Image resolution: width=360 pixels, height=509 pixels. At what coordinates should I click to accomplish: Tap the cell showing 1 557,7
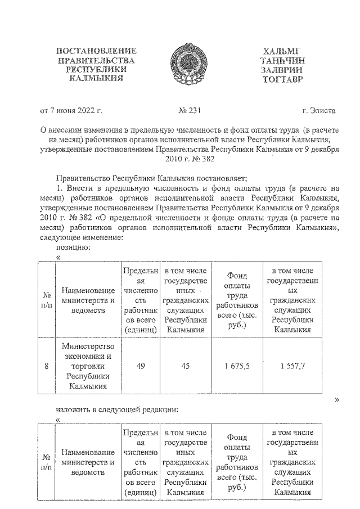coord(292,366)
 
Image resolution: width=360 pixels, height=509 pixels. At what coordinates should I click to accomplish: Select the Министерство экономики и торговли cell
coord(88,366)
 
